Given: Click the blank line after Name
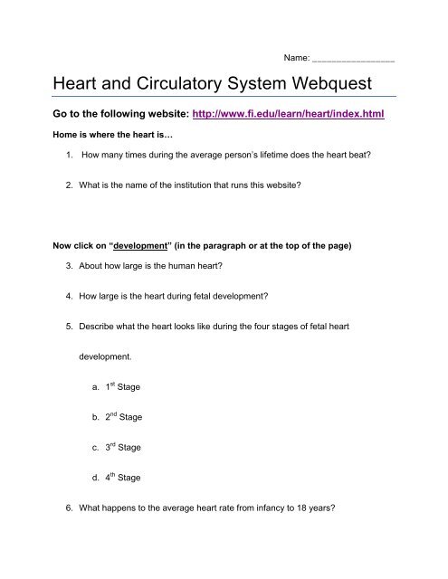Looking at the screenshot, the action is click(x=352, y=59).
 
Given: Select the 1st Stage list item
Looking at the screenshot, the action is click(x=122, y=385).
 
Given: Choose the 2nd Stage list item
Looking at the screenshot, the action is click(x=123, y=418).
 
